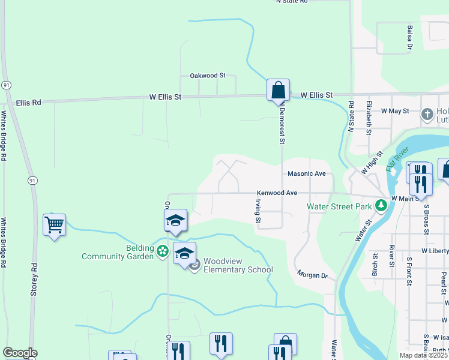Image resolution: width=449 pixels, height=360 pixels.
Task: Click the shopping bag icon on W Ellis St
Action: [x=278, y=91]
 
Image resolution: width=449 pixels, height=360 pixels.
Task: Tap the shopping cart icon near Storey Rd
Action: [x=54, y=226]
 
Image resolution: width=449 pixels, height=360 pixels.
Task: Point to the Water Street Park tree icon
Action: [x=380, y=206]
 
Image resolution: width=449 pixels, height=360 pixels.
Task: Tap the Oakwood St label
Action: [x=207, y=76]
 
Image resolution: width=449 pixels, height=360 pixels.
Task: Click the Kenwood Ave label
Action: [x=277, y=193]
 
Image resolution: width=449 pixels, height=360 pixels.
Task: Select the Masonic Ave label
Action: [x=306, y=173]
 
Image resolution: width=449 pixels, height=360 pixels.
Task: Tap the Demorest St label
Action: [x=280, y=124]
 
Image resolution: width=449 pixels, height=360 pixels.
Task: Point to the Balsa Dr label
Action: [x=409, y=37]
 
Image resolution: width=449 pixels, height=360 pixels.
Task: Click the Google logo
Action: [x=19, y=353]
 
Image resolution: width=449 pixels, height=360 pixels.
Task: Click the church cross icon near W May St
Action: [x=427, y=114]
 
